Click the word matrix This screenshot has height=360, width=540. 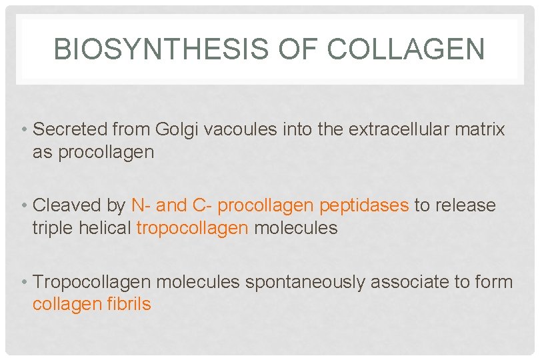coord(480,129)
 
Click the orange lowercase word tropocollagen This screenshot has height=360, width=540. coord(192,228)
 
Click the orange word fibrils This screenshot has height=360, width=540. coord(129,305)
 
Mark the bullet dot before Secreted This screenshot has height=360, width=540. coord(25,129)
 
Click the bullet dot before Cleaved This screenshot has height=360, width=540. coord(25,205)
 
